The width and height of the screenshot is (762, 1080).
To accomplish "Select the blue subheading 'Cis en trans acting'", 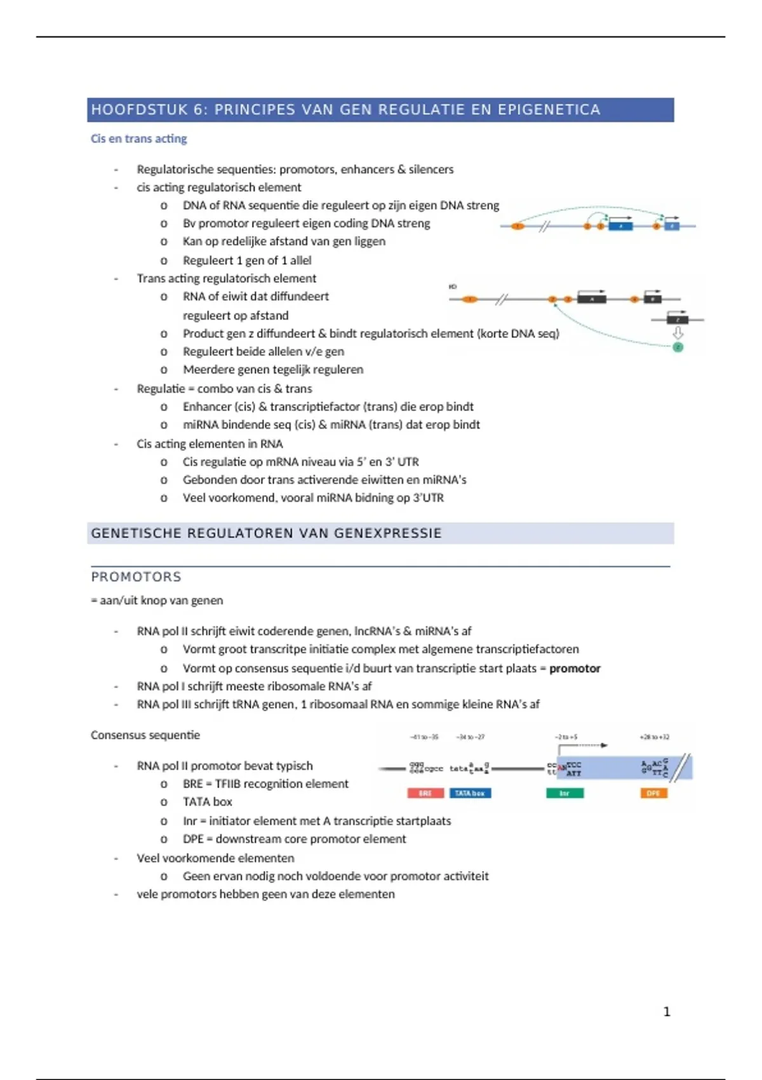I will pos(138,138).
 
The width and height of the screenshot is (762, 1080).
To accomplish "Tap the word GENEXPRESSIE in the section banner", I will pos(387,534).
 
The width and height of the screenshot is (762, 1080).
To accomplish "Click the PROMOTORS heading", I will pos(136,577).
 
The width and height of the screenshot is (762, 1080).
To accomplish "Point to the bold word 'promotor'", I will pos(575,668).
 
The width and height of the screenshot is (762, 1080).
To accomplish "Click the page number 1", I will pos(667,1011).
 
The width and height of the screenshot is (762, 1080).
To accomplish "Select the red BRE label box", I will pos(425,793).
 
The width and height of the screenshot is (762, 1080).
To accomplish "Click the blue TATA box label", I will pos(470,793).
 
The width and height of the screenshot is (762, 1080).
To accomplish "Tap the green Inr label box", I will pos(565,793).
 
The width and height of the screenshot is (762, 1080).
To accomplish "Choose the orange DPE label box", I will pos(653,793).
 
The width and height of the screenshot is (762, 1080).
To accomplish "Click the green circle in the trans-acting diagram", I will pos(678,348).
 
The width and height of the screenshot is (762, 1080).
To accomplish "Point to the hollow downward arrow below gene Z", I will pos(678,334).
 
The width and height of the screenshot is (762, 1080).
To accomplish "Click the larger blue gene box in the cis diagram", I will pos(620,226).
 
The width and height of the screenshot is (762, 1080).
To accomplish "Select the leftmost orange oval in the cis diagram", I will pos(518,226).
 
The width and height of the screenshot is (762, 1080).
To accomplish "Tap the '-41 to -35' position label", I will pos(424,737).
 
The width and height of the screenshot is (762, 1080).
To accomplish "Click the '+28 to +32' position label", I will pos(654,737).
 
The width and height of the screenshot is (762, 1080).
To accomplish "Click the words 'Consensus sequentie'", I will pos(145,735).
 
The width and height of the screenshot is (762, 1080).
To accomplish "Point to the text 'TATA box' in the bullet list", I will pos(207,802).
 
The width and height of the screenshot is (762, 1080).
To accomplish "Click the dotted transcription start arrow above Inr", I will pos(583,745).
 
